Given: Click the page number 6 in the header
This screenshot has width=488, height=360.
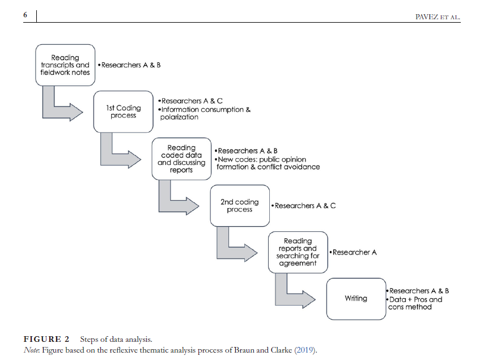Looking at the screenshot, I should pyautogui.click(x=25, y=15).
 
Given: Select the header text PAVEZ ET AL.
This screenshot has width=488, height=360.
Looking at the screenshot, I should pyautogui.click(x=438, y=18).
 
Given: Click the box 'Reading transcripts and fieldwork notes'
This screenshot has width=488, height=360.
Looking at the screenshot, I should pyautogui.click(x=65, y=65).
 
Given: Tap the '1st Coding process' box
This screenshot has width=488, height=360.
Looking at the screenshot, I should pyautogui.click(x=124, y=111).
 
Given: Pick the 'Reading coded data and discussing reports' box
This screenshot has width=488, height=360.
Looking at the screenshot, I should pyautogui.click(x=181, y=159).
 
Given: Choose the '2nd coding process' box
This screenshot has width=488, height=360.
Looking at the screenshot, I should pyautogui.click(x=239, y=205).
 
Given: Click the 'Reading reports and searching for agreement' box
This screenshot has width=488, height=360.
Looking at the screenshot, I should pyautogui.click(x=298, y=252).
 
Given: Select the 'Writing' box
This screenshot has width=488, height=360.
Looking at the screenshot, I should pyautogui.click(x=356, y=298).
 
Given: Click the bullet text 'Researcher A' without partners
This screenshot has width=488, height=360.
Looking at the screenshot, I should pyautogui.click(x=354, y=252).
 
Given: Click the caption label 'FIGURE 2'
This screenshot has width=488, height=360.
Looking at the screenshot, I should pyautogui.click(x=46, y=339).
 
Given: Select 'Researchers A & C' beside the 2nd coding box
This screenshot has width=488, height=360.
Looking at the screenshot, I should pyautogui.click(x=304, y=206).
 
